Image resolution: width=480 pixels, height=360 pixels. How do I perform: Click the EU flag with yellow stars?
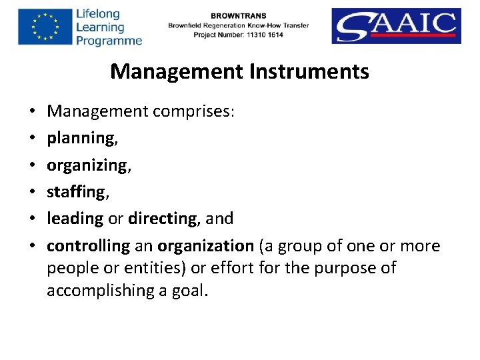(x=44, y=27)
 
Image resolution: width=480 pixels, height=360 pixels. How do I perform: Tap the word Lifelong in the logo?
(x=98, y=14)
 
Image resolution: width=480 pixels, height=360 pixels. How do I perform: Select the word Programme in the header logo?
(x=109, y=41)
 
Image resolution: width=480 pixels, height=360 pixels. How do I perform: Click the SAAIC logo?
(x=396, y=26)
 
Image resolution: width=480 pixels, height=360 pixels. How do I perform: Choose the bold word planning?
(x=80, y=138)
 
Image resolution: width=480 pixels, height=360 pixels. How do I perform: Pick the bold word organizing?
(x=87, y=165)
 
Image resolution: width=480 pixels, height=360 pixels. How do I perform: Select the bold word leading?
(x=75, y=219)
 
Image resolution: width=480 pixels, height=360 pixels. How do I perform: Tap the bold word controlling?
(x=88, y=246)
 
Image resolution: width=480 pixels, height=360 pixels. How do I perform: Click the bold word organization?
(x=205, y=246)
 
